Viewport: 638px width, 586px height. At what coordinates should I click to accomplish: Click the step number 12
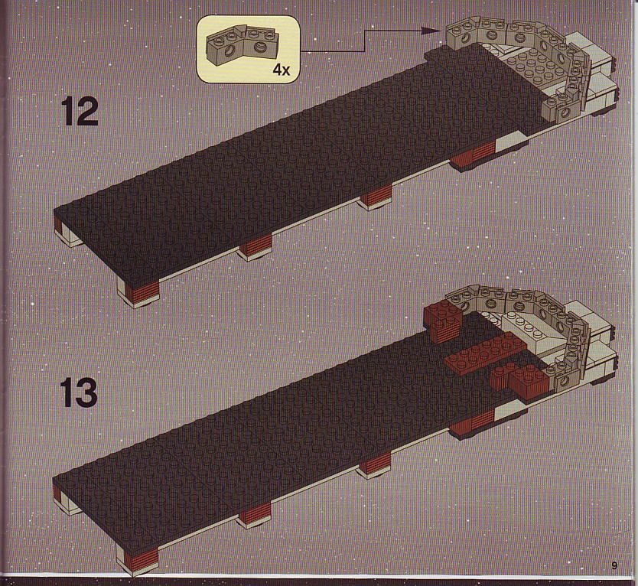point(80,112)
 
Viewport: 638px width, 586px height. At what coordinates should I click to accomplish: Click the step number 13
point(79,392)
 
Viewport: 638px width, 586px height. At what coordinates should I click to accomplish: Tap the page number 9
point(614,565)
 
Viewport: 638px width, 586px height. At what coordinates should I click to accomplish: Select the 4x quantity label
point(282,70)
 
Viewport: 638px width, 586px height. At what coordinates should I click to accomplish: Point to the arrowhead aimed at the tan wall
point(431,30)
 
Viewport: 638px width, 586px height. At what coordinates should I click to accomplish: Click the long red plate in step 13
point(485,353)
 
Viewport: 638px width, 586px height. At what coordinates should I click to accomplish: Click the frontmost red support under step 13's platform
point(141,557)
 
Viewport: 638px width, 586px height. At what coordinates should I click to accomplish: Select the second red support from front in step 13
point(256,513)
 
